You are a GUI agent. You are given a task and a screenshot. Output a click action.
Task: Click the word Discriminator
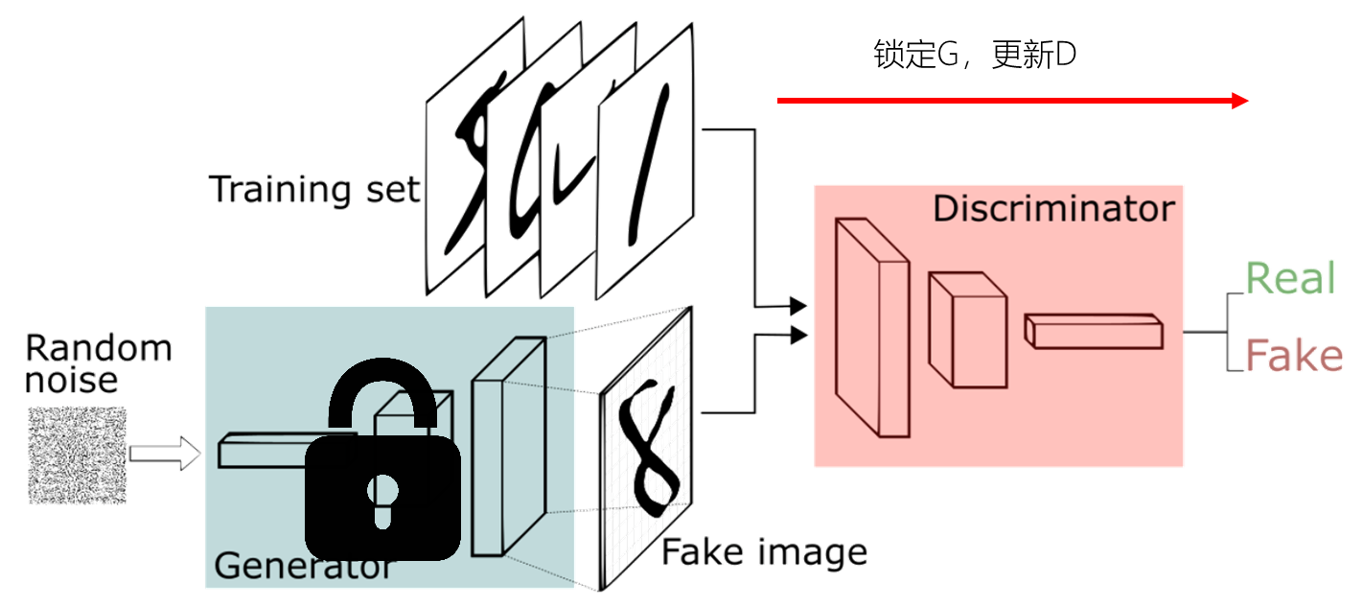(x=1053, y=208)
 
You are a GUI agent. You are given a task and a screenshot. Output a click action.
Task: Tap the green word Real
(x=1290, y=279)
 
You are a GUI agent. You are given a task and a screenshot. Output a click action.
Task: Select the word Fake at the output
(x=1294, y=356)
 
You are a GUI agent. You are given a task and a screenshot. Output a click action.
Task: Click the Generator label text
(x=303, y=566)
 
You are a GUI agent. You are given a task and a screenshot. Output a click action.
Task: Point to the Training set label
(x=315, y=189)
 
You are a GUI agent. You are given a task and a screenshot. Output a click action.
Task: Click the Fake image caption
(x=765, y=551)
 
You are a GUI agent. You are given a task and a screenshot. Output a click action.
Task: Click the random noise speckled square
(x=78, y=455)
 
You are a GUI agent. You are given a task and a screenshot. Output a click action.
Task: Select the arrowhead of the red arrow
(x=1240, y=101)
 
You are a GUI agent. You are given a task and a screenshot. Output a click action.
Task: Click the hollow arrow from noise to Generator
(x=165, y=454)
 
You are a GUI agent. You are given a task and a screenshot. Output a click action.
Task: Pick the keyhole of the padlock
(x=383, y=497)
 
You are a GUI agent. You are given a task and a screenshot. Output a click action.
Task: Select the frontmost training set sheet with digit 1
(x=647, y=163)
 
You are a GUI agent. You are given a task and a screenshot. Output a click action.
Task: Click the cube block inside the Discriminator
(x=967, y=330)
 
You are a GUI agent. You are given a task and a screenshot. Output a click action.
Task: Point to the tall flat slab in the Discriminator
(x=871, y=326)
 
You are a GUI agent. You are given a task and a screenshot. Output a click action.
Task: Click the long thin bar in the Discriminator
(x=1094, y=331)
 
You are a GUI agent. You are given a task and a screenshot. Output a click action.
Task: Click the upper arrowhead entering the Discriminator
(x=799, y=306)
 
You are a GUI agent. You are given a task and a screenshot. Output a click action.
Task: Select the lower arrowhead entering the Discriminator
(x=799, y=334)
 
